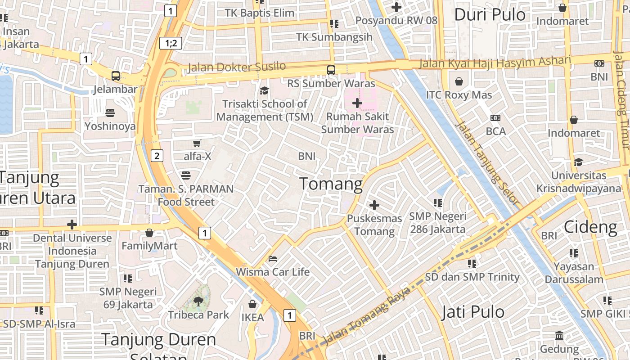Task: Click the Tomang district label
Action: (331, 184)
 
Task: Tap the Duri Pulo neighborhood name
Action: (490, 14)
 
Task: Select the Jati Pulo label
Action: (472, 312)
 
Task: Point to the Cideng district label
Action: (590, 227)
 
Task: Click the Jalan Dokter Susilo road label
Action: (236, 67)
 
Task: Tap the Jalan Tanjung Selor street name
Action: (488, 164)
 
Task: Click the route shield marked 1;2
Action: (171, 43)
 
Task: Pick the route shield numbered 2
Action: (157, 156)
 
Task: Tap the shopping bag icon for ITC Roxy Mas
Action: (459, 81)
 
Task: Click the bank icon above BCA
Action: (495, 118)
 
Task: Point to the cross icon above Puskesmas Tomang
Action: (374, 205)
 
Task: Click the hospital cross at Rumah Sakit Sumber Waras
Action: (357, 103)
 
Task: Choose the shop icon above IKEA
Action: (252, 304)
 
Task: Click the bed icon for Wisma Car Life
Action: (273, 259)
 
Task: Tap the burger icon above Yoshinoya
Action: (110, 112)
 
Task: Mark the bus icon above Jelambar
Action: (116, 76)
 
